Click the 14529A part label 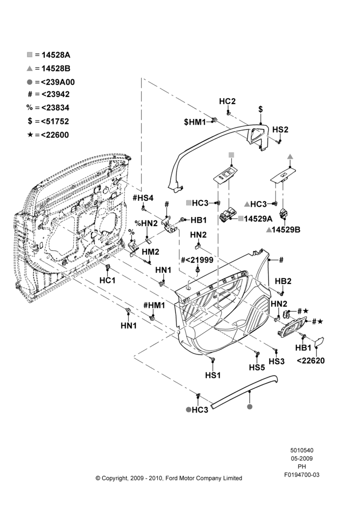[x=258, y=218]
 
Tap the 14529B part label [x=286, y=230]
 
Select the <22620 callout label [x=311, y=361]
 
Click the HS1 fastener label [x=213, y=375]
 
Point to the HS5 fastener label [x=257, y=367]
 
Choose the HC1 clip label [x=107, y=280]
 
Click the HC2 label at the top [x=227, y=102]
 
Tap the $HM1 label [x=195, y=122]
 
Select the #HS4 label [x=143, y=198]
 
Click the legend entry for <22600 [x=48, y=135]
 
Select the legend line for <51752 [x=48, y=121]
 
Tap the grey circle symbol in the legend [x=29, y=82]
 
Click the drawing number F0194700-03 [x=302, y=474]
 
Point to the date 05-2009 [x=302, y=458]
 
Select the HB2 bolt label [x=283, y=281]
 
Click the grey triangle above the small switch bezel [x=290, y=156]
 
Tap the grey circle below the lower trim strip [x=249, y=406]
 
